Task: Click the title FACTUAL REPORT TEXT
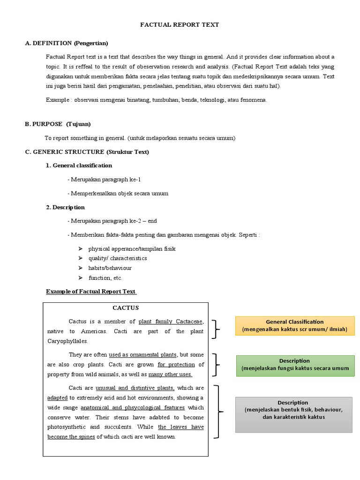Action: click(x=180, y=24)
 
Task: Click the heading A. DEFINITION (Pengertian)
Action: click(x=66, y=43)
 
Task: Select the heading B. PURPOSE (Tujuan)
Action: click(x=58, y=124)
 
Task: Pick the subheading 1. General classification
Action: click(x=79, y=165)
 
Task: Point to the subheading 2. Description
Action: click(x=65, y=207)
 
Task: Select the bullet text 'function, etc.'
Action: click(x=105, y=278)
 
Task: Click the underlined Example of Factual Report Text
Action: click(x=91, y=292)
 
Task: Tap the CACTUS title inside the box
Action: click(x=126, y=308)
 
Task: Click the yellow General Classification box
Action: click(x=294, y=325)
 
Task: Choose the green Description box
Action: click(x=294, y=364)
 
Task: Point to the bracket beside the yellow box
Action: click(x=216, y=329)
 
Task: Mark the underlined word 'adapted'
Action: click(x=58, y=397)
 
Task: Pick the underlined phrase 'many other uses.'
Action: click(x=170, y=375)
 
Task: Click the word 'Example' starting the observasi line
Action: click(x=57, y=100)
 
